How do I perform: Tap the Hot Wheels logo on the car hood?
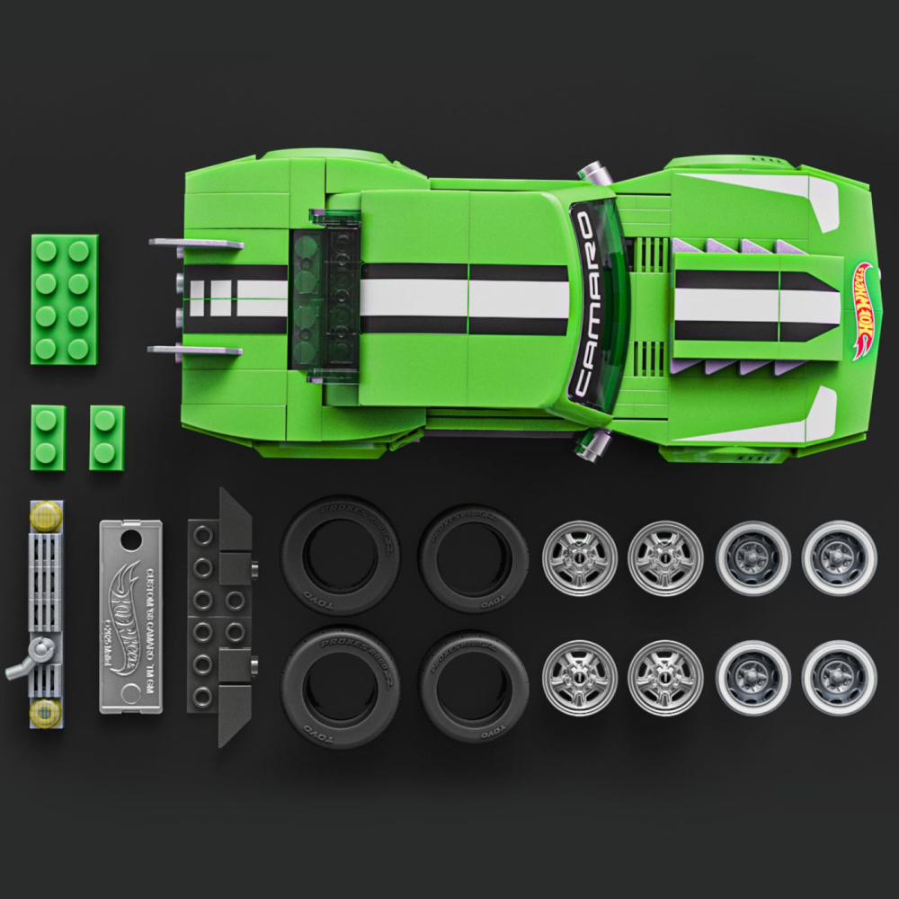point(864,311)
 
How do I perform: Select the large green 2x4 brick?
point(66,298)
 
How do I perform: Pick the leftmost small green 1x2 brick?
point(48,436)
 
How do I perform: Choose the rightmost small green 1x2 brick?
point(106,437)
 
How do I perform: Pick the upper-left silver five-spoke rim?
point(580,557)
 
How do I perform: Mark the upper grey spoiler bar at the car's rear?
point(195,244)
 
